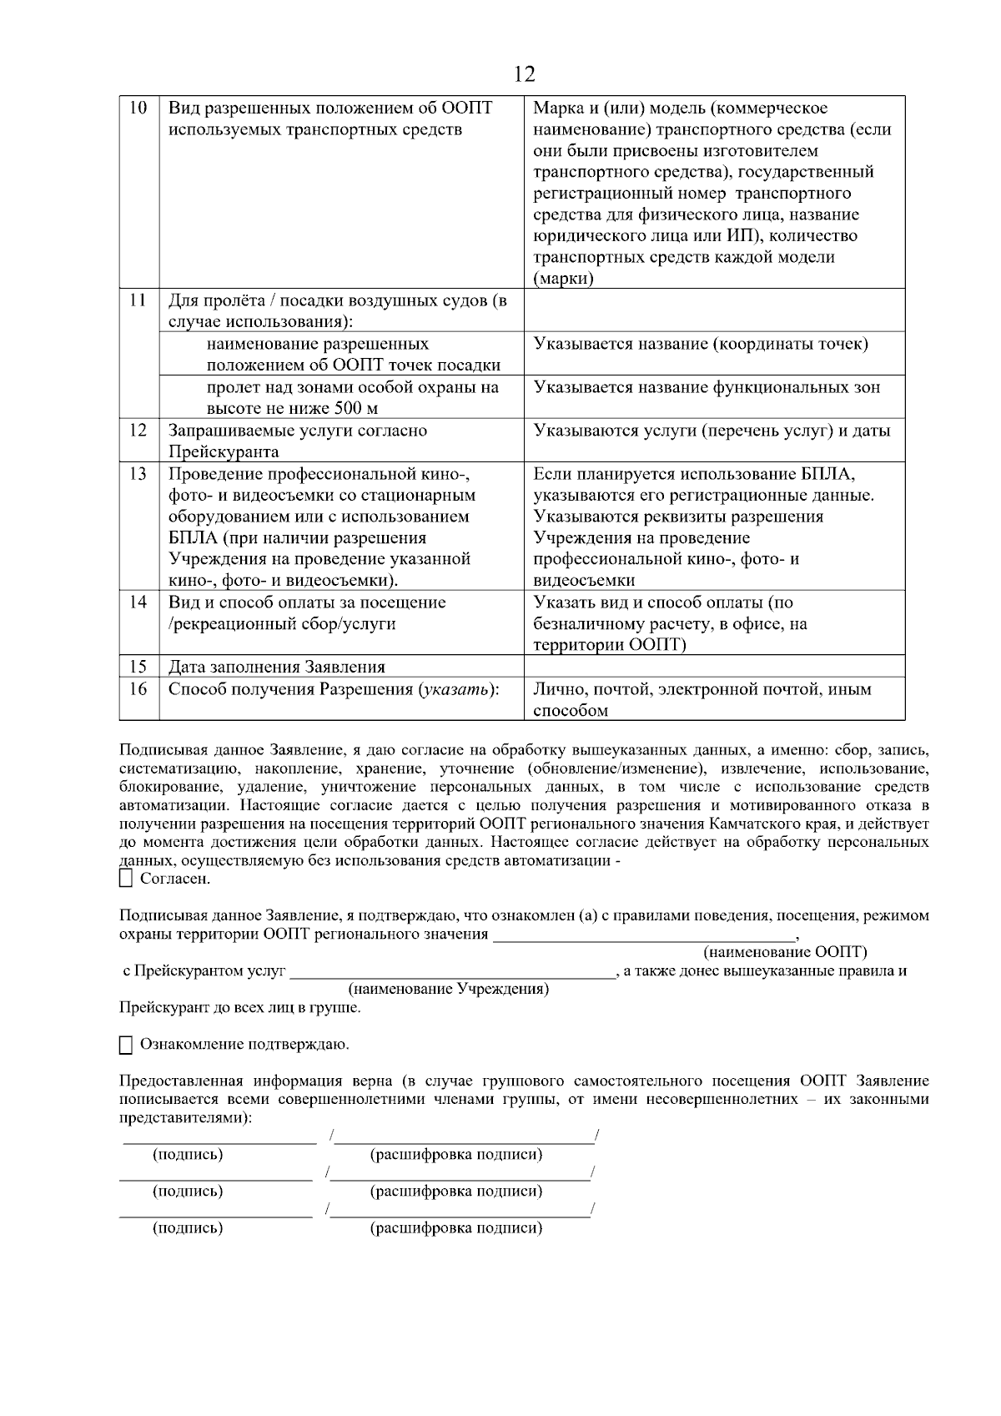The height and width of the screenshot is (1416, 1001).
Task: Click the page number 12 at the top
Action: tap(524, 75)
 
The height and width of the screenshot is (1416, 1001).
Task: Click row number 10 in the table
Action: tap(138, 108)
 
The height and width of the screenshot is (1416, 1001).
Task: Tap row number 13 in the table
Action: tap(138, 474)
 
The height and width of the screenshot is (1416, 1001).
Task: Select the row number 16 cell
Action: tap(138, 689)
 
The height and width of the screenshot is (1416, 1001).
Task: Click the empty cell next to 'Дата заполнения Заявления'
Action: tap(714, 666)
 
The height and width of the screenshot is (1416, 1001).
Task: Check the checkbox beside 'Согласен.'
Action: tap(127, 879)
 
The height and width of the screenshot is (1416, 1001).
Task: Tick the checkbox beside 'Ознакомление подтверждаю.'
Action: tap(127, 1045)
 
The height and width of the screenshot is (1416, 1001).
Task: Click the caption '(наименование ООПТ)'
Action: tap(785, 952)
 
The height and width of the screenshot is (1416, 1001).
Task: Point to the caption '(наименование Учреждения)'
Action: tap(448, 989)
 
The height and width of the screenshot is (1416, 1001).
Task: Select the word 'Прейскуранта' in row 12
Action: tap(224, 452)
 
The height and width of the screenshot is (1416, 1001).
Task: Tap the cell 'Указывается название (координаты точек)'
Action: tap(701, 344)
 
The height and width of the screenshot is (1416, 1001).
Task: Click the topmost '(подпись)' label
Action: tap(188, 1155)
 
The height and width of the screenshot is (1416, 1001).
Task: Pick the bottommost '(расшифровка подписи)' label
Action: tap(456, 1228)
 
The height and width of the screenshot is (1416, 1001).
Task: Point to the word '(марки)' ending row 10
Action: tap(563, 279)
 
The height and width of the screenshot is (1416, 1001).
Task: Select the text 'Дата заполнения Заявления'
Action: tap(277, 667)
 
